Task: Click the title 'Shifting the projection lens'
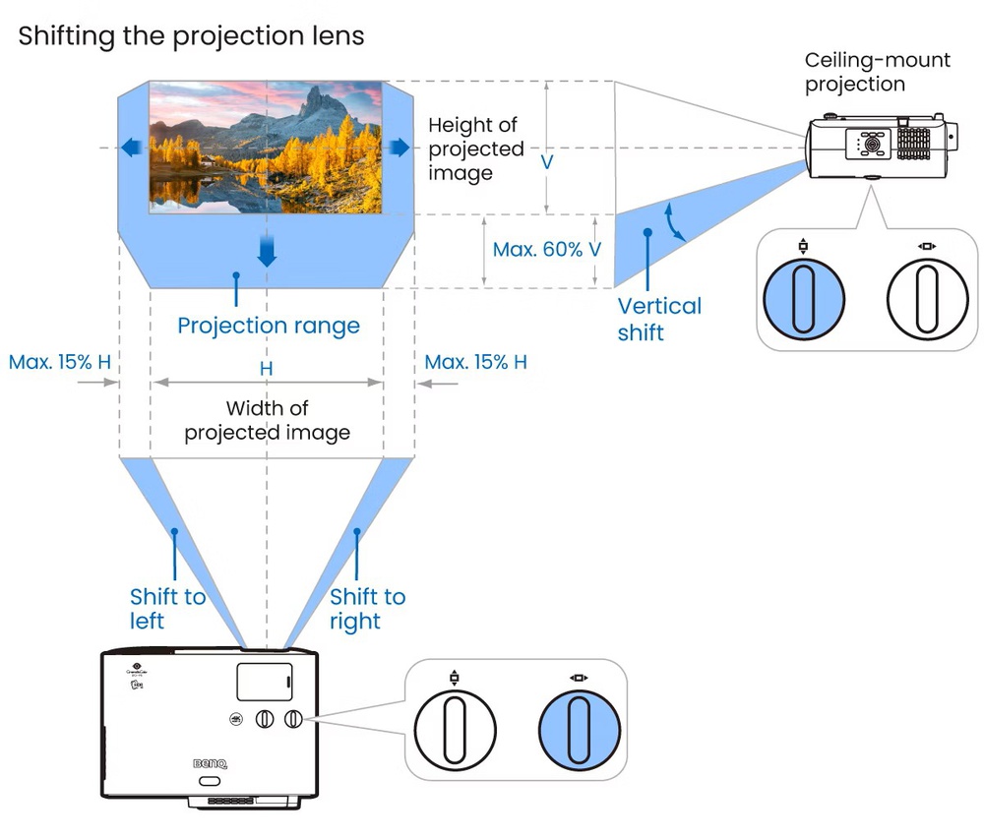click(191, 36)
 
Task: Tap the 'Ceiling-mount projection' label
click(878, 72)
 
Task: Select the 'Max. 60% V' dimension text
click(547, 250)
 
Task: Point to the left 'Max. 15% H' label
click(60, 362)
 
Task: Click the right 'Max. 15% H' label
click(475, 362)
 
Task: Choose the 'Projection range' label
click(269, 325)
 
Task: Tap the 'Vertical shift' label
click(659, 319)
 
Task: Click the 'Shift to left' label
click(167, 609)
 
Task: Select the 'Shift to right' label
click(367, 609)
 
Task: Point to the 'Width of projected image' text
click(267, 420)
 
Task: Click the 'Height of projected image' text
click(475, 150)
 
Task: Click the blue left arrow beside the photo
click(130, 148)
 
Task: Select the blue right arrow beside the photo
click(399, 148)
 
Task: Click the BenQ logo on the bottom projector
click(209, 760)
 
